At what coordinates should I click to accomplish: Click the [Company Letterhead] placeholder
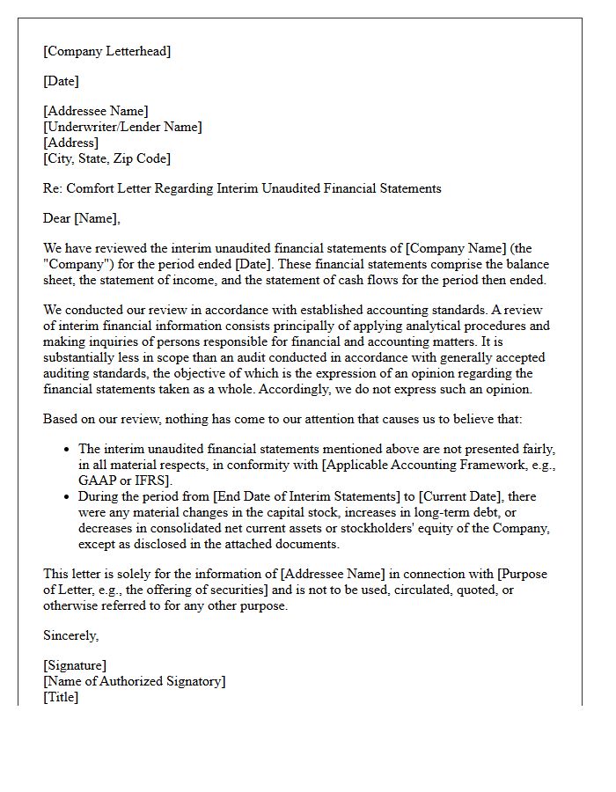[106, 51]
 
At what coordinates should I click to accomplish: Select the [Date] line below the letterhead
[61, 81]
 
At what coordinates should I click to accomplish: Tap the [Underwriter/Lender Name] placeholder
[122, 127]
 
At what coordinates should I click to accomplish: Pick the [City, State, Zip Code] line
[106, 158]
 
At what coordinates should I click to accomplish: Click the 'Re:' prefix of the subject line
[52, 188]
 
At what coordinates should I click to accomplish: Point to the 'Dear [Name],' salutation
[82, 218]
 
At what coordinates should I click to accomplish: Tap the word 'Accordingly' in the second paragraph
[398, 389]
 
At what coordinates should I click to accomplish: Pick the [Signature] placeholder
[75, 665]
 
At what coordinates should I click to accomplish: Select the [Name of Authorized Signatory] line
[134, 681]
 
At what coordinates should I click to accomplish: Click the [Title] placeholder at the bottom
[61, 697]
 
